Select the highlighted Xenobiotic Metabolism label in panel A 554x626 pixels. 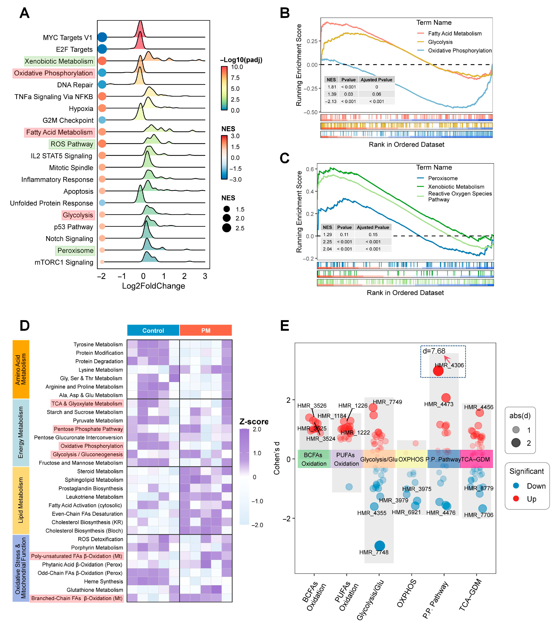pyautogui.click(x=59, y=61)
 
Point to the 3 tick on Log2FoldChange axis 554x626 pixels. pyautogui.click(x=205, y=276)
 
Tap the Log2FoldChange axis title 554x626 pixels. pyautogui.click(x=153, y=286)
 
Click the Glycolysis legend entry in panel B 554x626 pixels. pyautogui.click(x=440, y=42)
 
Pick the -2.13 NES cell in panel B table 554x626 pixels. pyautogui.click(x=331, y=101)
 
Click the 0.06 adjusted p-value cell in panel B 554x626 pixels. pyautogui.click(x=377, y=94)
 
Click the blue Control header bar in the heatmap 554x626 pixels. pyautogui.click(x=153, y=330)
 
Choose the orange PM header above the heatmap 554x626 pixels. pyautogui.click(x=206, y=330)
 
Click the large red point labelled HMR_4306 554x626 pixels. pyautogui.click(x=438, y=371)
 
